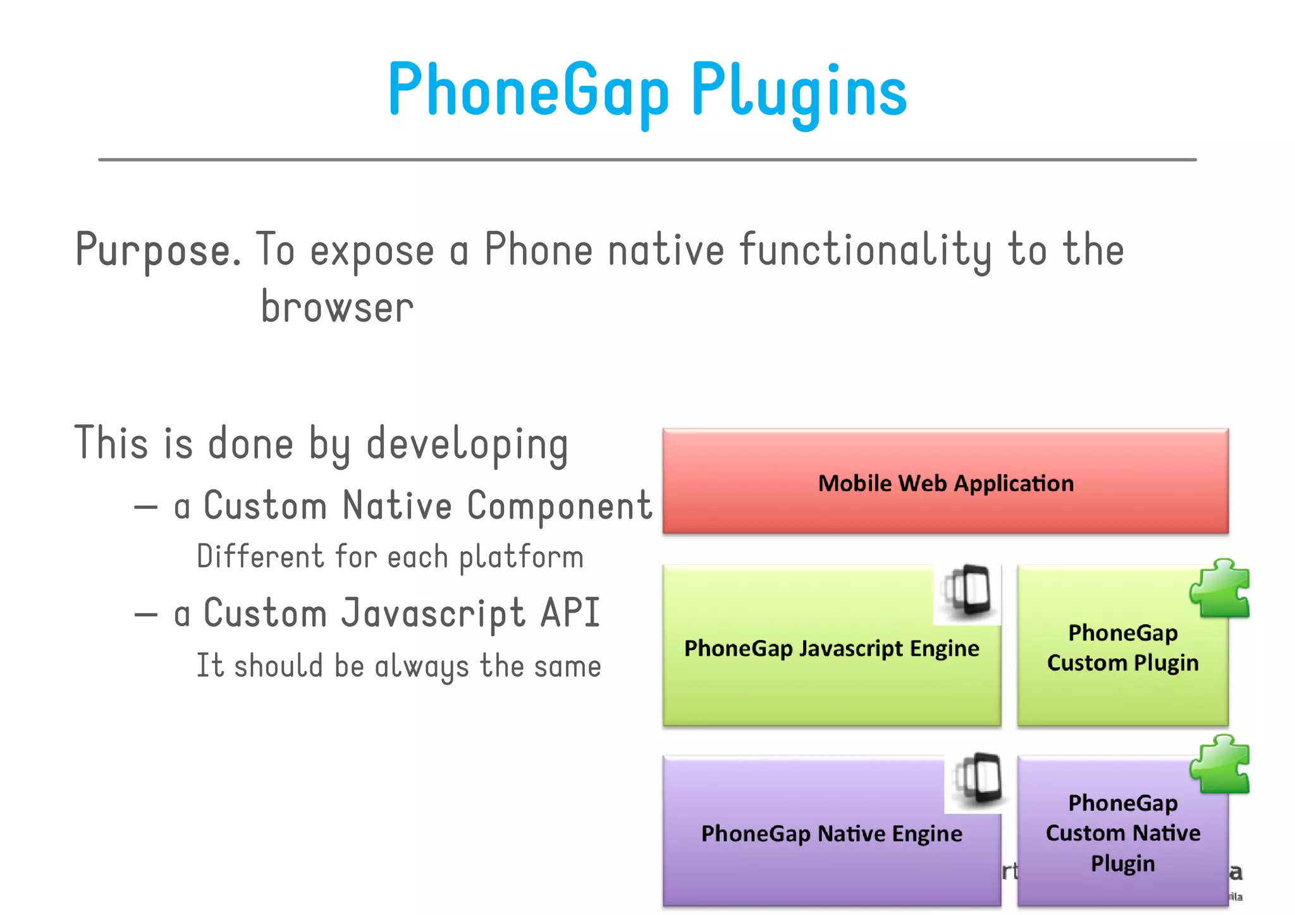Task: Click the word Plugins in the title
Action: point(799,92)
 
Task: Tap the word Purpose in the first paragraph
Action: point(157,250)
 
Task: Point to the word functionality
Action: point(864,250)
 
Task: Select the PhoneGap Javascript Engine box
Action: point(831,670)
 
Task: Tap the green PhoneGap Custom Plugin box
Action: point(1122,670)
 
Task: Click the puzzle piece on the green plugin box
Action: point(1220,589)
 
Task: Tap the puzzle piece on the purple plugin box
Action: point(1220,765)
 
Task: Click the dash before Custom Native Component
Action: point(146,507)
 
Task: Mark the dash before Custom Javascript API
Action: point(146,615)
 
